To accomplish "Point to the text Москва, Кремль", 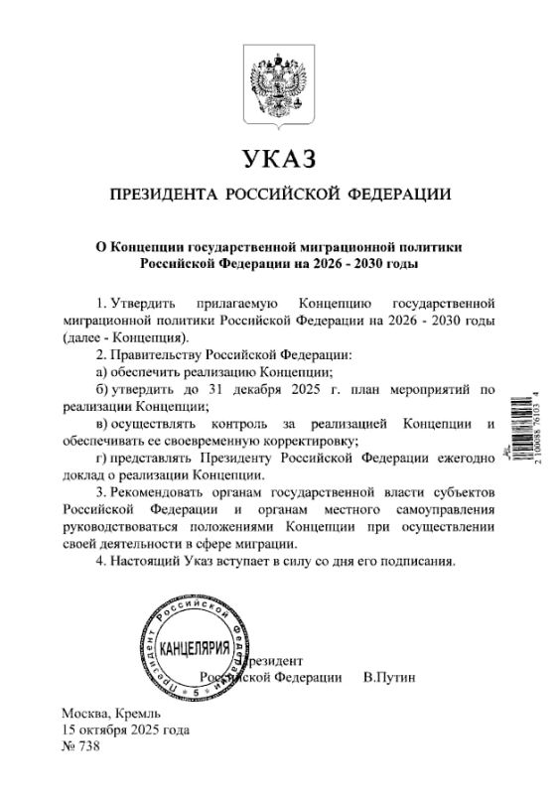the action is pos(103,714).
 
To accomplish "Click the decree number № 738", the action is pos(80,746).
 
